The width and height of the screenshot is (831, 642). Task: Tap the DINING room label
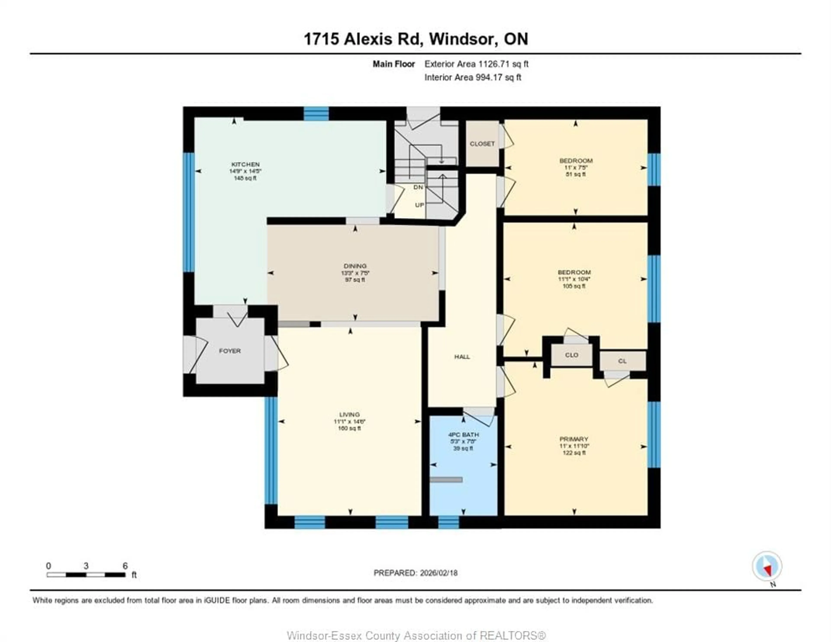tap(355, 266)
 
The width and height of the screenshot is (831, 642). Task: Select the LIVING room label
tap(349, 414)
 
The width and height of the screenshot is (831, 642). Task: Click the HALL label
tap(462, 357)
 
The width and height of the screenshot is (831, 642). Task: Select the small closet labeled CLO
tap(572, 355)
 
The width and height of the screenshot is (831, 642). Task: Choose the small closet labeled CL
tap(622, 361)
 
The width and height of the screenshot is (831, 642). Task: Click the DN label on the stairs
tap(418, 187)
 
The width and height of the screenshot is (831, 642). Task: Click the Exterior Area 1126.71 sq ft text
tap(476, 64)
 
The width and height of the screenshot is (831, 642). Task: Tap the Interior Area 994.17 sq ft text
tap(473, 77)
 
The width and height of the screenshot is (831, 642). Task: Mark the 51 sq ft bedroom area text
tap(575, 174)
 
